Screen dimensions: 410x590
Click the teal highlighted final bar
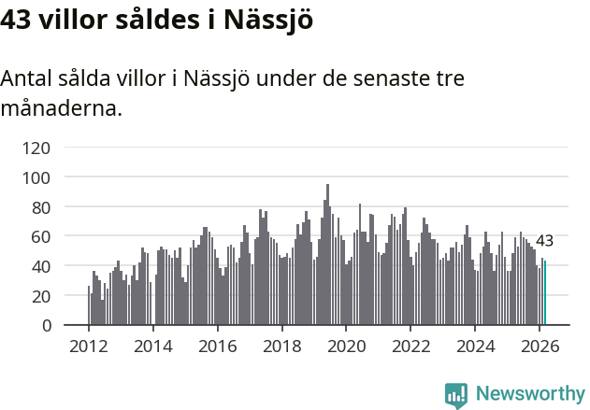(545, 293)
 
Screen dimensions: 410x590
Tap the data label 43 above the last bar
(544, 241)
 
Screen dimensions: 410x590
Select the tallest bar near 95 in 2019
(327, 255)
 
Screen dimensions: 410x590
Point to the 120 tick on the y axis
(37, 147)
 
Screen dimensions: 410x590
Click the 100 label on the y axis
(37, 177)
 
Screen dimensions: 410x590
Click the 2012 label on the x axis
(89, 346)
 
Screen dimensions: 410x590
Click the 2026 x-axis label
(540, 346)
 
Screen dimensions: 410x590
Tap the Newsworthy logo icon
(456, 395)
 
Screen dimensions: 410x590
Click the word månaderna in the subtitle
(60, 108)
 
